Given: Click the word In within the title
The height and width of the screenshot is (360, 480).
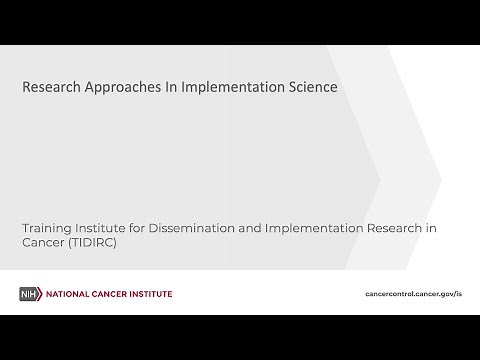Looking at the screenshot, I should point(161,87).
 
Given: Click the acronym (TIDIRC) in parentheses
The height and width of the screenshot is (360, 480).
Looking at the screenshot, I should point(95,244).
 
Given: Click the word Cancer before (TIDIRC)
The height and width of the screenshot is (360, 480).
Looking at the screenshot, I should point(45,244).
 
